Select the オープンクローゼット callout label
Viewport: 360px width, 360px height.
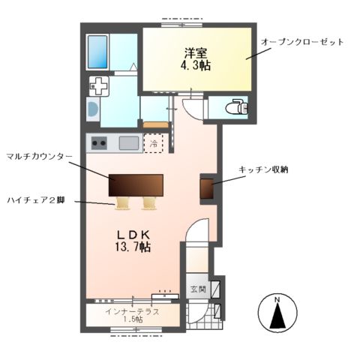point(301,41)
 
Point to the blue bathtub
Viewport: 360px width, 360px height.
point(98,50)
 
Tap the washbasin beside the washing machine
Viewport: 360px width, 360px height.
point(92,110)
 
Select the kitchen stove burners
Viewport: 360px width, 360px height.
point(99,142)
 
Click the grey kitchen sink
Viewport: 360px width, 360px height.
point(128,142)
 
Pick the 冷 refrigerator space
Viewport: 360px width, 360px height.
point(154,142)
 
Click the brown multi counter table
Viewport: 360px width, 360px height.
point(136,184)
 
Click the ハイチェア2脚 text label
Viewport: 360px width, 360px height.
point(36,200)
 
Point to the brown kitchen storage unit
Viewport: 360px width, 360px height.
point(207,189)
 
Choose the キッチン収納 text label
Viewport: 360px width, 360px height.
point(263,170)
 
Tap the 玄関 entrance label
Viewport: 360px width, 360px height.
point(196,289)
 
